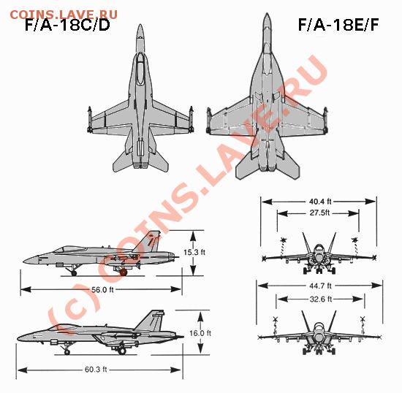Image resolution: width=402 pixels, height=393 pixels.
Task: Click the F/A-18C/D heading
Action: coord(67,25)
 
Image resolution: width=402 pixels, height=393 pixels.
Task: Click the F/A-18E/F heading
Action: coord(338,25)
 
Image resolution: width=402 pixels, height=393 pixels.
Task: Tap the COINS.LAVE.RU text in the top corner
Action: coord(64,15)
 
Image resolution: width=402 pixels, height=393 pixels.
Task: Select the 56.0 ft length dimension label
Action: coord(102,290)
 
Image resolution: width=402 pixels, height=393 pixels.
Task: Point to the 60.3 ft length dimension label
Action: coord(96,370)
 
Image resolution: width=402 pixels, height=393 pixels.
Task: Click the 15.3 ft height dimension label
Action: coord(194,252)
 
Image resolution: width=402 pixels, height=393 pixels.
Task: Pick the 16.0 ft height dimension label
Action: coord(200,333)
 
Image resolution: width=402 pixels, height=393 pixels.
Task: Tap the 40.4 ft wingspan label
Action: coord(320,202)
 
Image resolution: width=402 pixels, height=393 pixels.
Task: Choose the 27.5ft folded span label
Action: coord(319,213)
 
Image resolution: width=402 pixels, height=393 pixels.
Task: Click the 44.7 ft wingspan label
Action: coord(320,286)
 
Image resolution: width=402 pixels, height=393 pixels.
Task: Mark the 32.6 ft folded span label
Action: coord(321,299)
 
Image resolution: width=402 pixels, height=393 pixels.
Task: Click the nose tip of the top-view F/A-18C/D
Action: coord(140,25)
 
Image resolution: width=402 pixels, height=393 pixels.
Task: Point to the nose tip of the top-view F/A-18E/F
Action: coord(267,14)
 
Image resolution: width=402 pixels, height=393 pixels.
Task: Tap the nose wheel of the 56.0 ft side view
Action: coord(74,273)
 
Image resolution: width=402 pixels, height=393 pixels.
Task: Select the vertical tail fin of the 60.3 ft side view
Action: coord(151,321)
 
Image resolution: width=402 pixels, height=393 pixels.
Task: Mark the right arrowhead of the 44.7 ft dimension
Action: coord(376,286)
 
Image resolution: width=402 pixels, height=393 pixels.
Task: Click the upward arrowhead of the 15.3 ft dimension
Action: coord(193,236)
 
